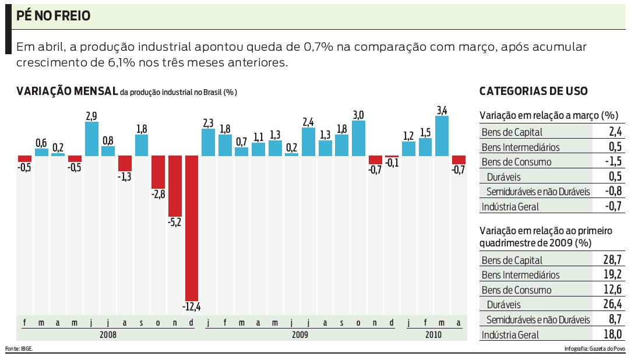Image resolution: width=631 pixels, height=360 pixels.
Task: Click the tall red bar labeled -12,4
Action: click(192, 227)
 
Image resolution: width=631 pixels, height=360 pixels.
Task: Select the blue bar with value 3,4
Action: click(442, 136)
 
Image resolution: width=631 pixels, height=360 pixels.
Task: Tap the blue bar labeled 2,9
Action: click(91, 139)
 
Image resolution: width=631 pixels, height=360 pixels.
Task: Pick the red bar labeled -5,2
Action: click(175, 186)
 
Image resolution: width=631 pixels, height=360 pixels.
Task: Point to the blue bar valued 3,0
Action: click(358, 138)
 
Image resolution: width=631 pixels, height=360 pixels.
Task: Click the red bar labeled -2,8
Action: click(158, 172)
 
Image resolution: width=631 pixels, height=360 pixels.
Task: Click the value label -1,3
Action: click(125, 177)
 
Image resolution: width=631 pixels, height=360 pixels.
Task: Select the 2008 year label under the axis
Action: click(108, 335)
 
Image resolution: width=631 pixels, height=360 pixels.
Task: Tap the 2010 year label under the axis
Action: click(433, 335)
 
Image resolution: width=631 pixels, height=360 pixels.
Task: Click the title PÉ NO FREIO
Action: click(54, 16)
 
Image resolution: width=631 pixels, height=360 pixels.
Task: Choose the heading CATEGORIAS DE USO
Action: click(533, 91)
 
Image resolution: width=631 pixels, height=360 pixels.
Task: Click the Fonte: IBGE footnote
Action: click(19, 348)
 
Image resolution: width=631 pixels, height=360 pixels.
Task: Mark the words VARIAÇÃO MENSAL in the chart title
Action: click(67, 91)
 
